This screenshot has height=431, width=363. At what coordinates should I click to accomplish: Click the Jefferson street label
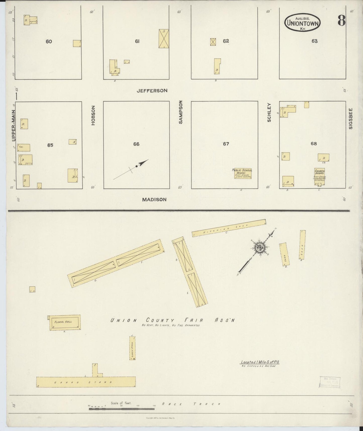[152, 91]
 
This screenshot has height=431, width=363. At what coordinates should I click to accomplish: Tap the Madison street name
[154, 199]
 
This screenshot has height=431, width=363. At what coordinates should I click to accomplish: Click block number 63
[314, 41]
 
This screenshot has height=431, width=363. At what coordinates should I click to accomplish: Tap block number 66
[136, 144]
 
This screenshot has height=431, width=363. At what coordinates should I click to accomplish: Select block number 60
[49, 41]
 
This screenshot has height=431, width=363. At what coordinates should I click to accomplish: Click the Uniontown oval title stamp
[302, 23]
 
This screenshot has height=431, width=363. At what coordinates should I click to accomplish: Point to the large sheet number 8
[341, 21]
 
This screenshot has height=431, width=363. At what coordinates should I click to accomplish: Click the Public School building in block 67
[243, 174]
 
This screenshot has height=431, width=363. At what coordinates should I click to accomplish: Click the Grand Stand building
[86, 382]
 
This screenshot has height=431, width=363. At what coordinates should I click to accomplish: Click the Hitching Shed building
[229, 228]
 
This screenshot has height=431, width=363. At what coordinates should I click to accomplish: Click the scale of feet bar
[122, 409]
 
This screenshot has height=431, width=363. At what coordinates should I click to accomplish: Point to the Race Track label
[191, 404]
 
